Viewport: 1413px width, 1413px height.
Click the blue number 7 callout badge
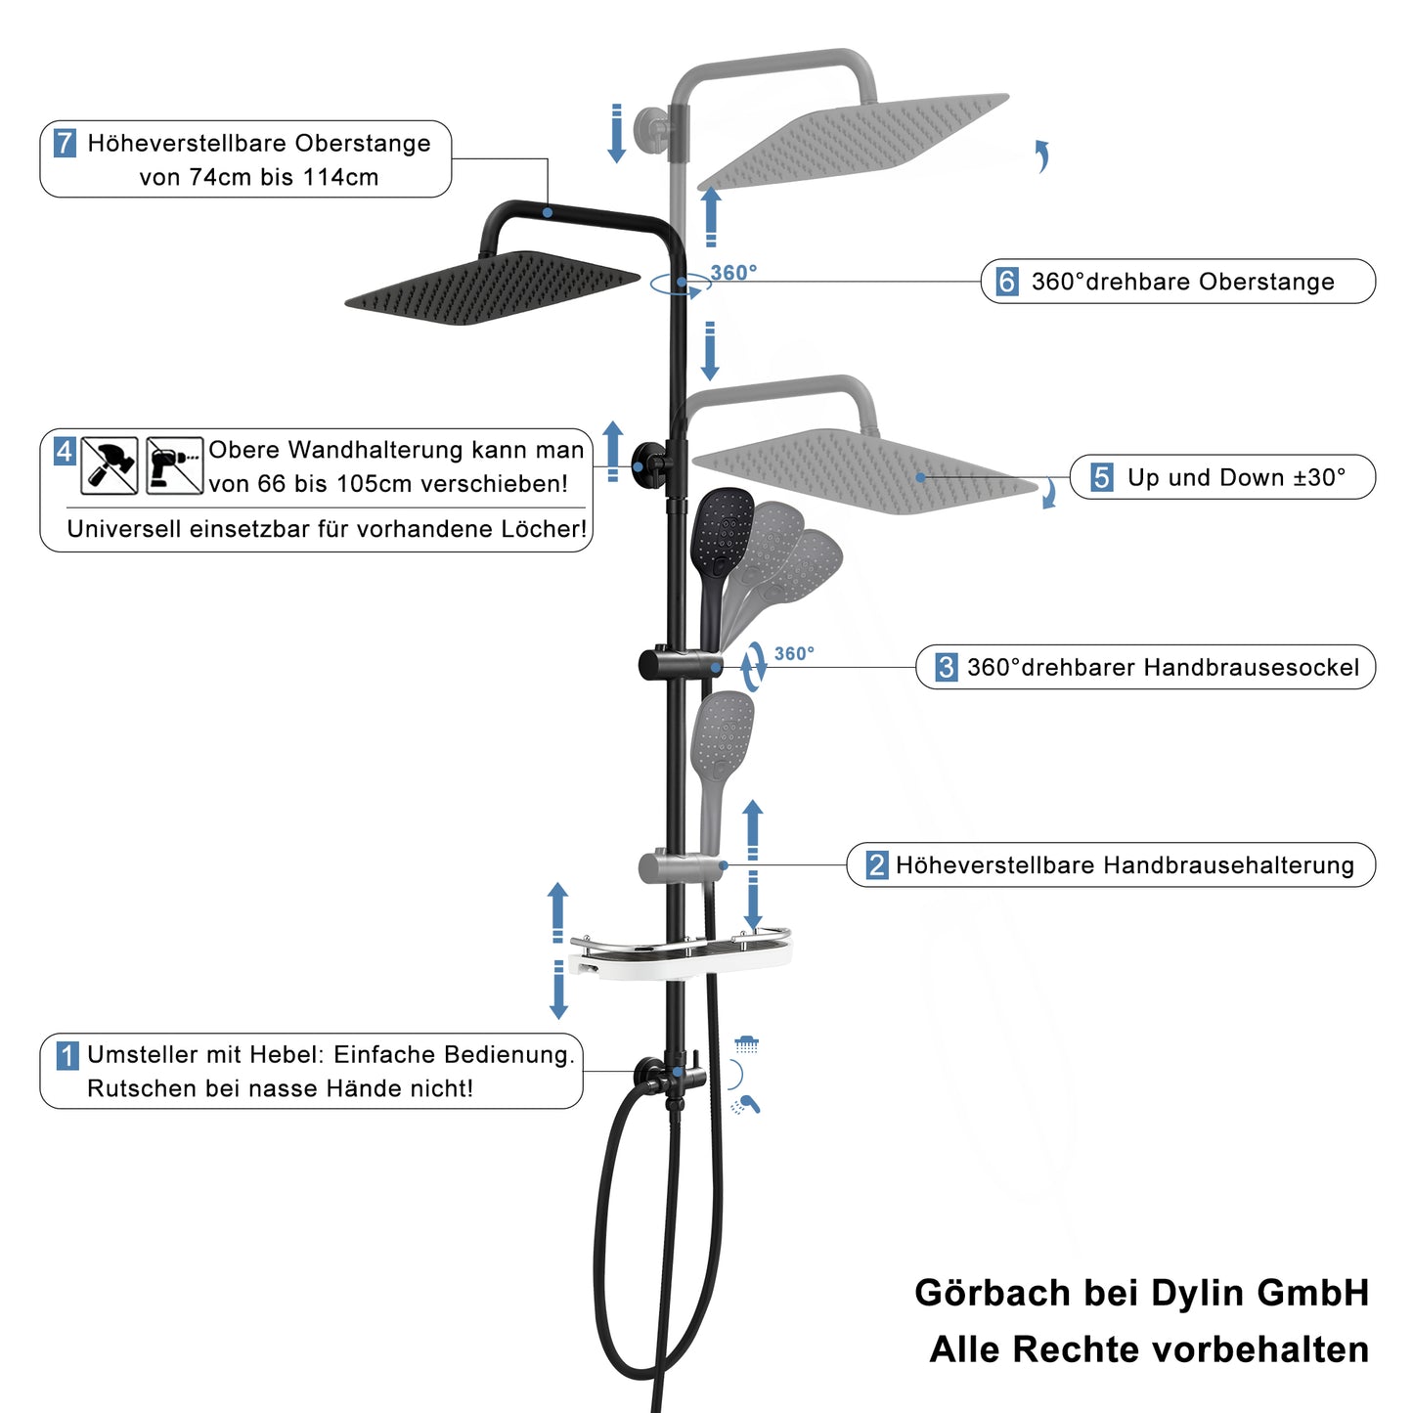point(66,142)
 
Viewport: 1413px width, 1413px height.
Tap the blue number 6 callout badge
point(1007,282)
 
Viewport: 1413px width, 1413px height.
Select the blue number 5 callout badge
point(1101,476)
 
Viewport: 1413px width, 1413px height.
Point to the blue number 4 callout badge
point(65,451)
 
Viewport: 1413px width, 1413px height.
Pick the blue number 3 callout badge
point(946,667)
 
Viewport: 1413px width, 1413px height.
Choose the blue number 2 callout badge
point(876,864)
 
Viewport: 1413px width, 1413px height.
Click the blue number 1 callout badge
point(67,1056)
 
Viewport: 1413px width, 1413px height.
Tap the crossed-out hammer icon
point(110,465)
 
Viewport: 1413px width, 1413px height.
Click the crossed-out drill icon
point(174,465)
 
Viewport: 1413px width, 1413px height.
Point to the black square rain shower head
point(493,288)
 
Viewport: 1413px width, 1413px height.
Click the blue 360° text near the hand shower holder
point(794,653)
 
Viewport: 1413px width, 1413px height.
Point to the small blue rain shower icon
point(746,1044)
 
